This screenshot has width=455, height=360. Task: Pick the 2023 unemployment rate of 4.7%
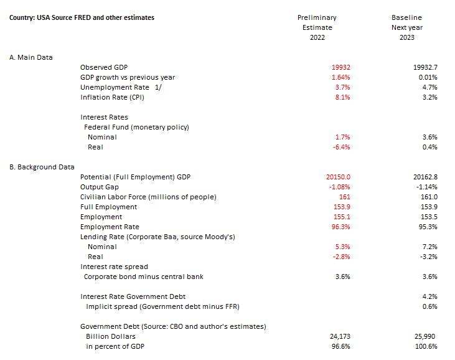click(x=429, y=87)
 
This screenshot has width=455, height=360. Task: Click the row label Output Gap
click(x=99, y=187)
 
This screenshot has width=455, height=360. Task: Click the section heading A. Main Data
click(x=31, y=57)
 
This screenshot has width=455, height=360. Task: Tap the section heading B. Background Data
click(x=42, y=167)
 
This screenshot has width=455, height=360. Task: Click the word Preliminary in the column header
click(x=317, y=17)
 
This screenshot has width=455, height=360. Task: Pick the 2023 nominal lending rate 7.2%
click(x=429, y=247)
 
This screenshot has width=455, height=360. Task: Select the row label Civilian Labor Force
click(x=148, y=197)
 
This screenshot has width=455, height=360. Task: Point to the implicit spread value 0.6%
click(x=429, y=306)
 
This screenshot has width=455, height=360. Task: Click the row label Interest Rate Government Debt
click(x=133, y=296)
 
